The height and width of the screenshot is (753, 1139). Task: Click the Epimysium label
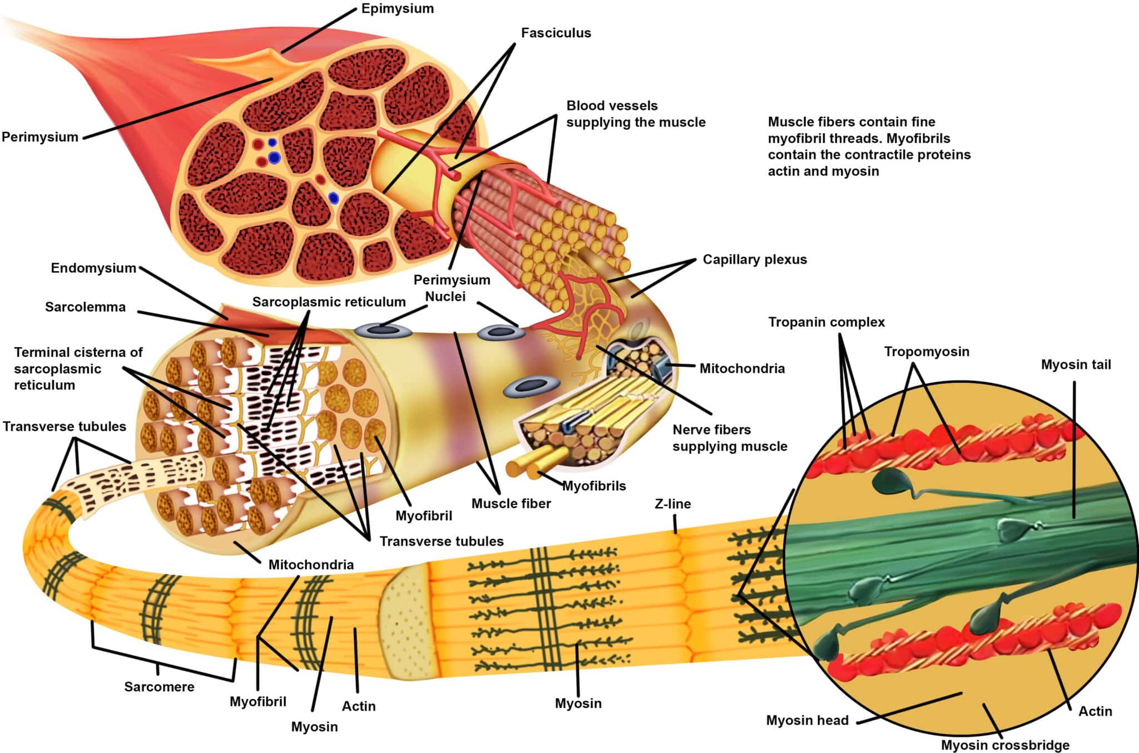pyautogui.click(x=397, y=9)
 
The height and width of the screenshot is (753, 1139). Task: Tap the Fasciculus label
pyautogui.click(x=556, y=33)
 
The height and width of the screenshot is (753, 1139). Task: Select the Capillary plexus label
pyautogui.click(x=754, y=259)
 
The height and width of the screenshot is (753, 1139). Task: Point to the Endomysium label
pyautogui.click(x=93, y=268)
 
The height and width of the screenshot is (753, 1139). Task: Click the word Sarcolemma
pyautogui.click(x=85, y=307)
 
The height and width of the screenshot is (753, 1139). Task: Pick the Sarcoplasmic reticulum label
pyautogui.click(x=329, y=302)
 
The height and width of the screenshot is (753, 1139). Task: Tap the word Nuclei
pyautogui.click(x=445, y=297)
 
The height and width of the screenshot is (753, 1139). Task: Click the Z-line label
pyautogui.click(x=672, y=504)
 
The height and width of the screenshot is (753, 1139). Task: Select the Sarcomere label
pyautogui.click(x=159, y=687)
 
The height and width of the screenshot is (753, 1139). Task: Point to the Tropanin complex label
pyautogui.click(x=826, y=322)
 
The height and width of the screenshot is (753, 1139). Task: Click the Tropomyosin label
pyautogui.click(x=927, y=352)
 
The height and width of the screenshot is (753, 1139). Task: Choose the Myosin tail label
pyautogui.click(x=1076, y=365)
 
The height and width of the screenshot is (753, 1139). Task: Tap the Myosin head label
pyautogui.click(x=807, y=721)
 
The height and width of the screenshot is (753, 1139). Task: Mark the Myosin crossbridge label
pyautogui.click(x=1005, y=745)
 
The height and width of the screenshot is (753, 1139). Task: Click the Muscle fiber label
pyautogui.click(x=511, y=504)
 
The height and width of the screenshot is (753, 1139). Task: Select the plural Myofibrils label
pyautogui.click(x=594, y=486)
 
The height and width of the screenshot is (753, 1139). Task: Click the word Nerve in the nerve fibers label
pyautogui.click(x=690, y=430)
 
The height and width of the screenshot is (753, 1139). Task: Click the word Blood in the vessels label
pyautogui.click(x=583, y=106)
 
